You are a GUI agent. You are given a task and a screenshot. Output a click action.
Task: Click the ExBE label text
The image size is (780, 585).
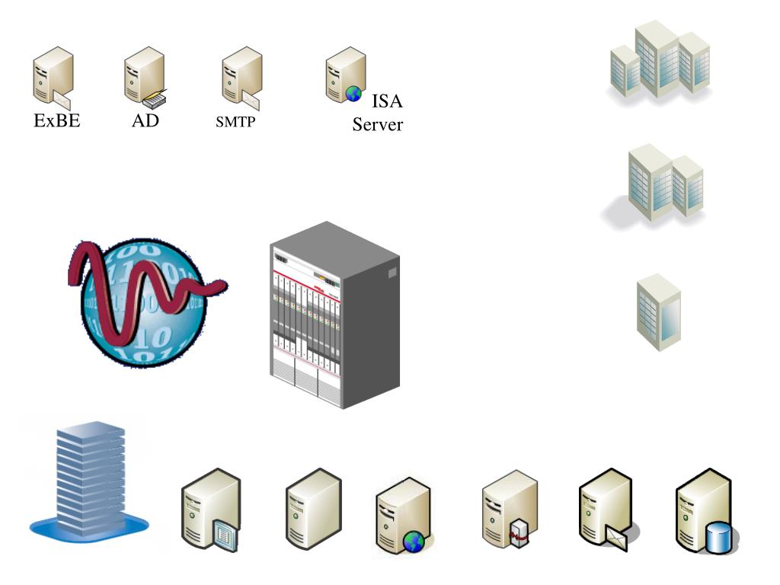[x=57, y=120]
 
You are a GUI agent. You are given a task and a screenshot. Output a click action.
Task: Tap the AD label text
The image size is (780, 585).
[x=145, y=120]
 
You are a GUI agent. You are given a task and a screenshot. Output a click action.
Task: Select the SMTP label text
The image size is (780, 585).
[x=235, y=121]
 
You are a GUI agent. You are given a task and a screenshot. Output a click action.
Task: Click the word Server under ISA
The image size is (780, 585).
[x=377, y=125]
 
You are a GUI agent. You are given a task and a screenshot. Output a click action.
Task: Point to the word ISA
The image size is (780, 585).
[x=386, y=102]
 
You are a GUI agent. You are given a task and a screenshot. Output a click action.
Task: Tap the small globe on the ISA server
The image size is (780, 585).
[x=353, y=93]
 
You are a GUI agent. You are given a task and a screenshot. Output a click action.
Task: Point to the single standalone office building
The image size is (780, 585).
[x=658, y=312]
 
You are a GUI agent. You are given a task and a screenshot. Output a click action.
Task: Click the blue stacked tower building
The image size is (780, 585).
[x=90, y=480]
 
